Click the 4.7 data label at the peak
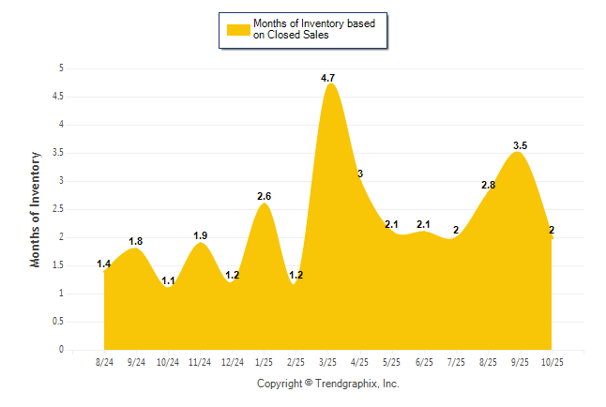(x=328, y=78)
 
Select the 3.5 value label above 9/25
(x=520, y=145)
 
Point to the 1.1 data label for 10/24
(x=168, y=280)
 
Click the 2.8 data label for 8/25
(x=488, y=186)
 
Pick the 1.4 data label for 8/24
(x=104, y=264)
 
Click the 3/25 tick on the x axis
(x=328, y=361)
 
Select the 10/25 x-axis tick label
(x=552, y=361)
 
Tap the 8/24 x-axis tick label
(x=104, y=361)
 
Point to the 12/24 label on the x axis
(x=232, y=361)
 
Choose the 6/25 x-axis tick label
(x=424, y=361)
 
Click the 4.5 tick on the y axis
(x=58, y=96)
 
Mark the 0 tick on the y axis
(x=61, y=350)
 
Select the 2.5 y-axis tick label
(x=58, y=208)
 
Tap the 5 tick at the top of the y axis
(x=61, y=68)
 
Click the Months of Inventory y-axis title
(x=36, y=208)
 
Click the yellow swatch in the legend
(x=237, y=29)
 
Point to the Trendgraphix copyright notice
(x=328, y=384)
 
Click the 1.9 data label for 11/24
(x=200, y=235)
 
